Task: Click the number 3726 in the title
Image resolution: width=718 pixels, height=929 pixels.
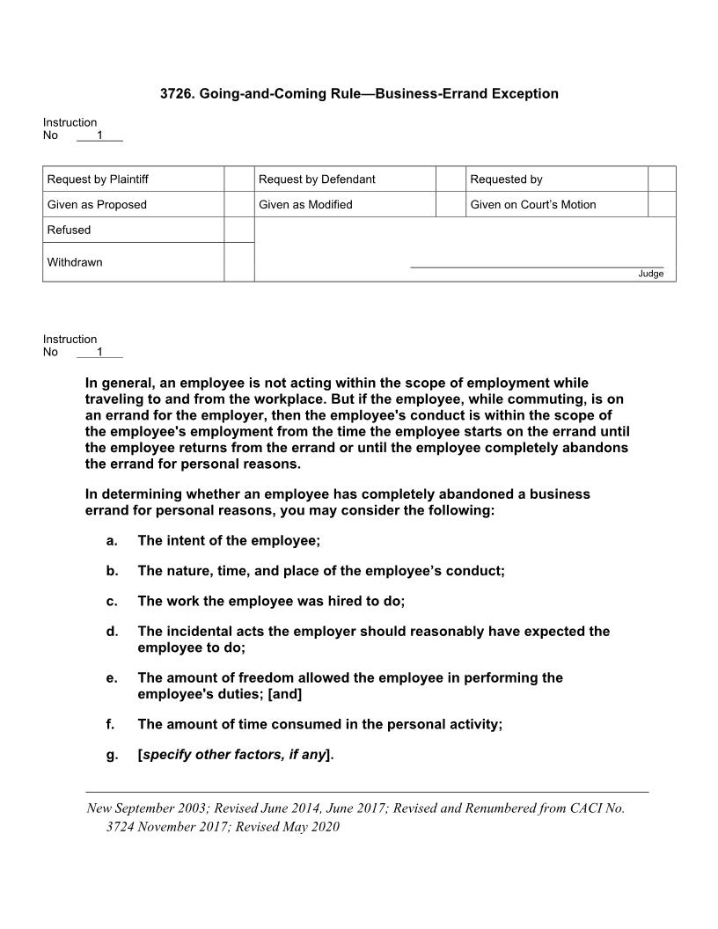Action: pyautogui.click(x=176, y=93)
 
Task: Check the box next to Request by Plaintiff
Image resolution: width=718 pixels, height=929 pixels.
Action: pyautogui.click(x=238, y=179)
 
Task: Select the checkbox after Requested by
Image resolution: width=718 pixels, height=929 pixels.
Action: pyautogui.click(x=662, y=179)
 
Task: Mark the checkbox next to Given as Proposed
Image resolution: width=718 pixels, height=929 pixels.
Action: pyautogui.click(x=238, y=204)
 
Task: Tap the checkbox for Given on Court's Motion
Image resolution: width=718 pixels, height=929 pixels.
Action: pyautogui.click(x=662, y=204)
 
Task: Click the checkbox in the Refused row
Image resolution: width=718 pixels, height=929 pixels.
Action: pyautogui.click(x=238, y=230)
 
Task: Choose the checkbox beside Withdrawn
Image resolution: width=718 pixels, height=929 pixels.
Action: pyautogui.click(x=238, y=262)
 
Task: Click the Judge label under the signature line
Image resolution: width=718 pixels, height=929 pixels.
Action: pyautogui.click(x=651, y=274)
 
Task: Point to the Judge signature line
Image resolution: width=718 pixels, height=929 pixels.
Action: pyautogui.click(x=537, y=267)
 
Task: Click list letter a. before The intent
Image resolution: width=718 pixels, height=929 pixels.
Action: pyautogui.click(x=112, y=540)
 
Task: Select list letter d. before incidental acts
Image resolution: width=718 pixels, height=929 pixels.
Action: pyautogui.click(x=112, y=631)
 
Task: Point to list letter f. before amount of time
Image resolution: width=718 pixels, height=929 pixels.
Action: pyautogui.click(x=111, y=724)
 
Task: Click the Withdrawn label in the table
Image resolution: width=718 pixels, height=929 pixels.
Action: pyautogui.click(x=75, y=262)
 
